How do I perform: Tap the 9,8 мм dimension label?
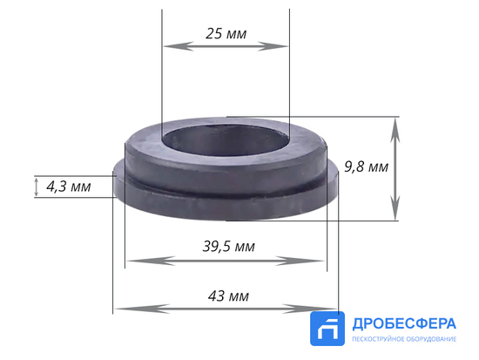(x=366, y=166)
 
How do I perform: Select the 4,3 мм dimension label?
(x=68, y=187)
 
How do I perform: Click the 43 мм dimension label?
(x=229, y=295)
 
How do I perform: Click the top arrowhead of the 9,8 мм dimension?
(x=396, y=125)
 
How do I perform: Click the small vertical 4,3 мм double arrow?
(x=36, y=187)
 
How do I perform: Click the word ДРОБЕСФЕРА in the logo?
(x=402, y=323)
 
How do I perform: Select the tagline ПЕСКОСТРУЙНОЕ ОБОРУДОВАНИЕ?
(x=402, y=339)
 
